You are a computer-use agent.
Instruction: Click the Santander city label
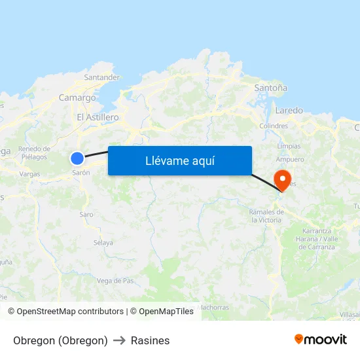[x=102, y=77]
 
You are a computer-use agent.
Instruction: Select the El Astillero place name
[x=98, y=117]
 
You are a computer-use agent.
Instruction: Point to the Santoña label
[x=270, y=87]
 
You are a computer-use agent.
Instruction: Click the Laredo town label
[x=289, y=111]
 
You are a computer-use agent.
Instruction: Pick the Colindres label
[x=274, y=126]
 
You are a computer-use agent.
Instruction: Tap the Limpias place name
[x=289, y=146]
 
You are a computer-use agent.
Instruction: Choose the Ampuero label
[x=290, y=159]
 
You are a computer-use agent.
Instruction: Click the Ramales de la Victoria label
[x=266, y=216]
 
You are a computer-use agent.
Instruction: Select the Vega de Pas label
[x=115, y=281]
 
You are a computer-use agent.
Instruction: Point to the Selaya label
[x=103, y=243]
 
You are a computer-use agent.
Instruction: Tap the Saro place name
[x=86, y=214]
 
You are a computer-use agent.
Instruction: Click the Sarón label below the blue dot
[x=81, y=173]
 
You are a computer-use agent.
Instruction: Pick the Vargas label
[x=29, y=174]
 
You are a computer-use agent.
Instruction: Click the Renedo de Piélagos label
[x=34, y=153]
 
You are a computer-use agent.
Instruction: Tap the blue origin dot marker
[x=77, y=158]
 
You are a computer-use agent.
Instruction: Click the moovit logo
[x=321, y=340]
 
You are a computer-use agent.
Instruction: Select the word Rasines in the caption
[x=150, y=340]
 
